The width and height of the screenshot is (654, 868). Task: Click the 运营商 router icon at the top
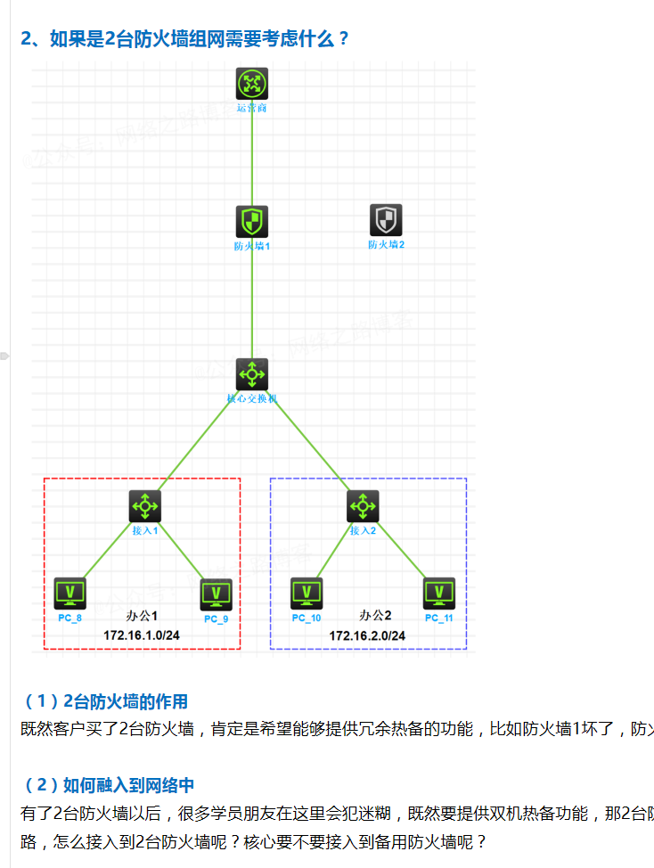pyautogui.click(x=252, y=84)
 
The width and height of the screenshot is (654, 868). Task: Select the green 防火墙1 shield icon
pyautogui.click(x=252, y=220)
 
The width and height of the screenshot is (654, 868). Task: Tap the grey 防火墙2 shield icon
pyautogui.click(x=386, y=220)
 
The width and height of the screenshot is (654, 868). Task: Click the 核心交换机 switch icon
pyautogui.click(x=252, y=374)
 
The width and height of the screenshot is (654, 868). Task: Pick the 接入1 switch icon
pyautogui.click(x=144, y=506)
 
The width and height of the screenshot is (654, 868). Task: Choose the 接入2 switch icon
pyautogui.click(x=363, y=506)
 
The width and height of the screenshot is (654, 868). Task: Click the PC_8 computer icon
pyautogui.click(x=69, y=593)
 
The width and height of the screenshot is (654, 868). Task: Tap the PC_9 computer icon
pyautogui.click(x=216, y=594)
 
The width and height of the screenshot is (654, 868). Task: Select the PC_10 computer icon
pyautogui.click(x=307, y=593)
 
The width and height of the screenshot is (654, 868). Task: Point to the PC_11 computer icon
pyautogui.click(x=439, y=594)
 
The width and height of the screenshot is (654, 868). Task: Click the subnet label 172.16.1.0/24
pyautogui.click(x=142, y=635)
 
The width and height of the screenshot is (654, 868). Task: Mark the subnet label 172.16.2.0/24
pyautogui.click(x=367, y=635)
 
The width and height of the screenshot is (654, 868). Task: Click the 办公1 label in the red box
pyautogui.click(x=142, y=616)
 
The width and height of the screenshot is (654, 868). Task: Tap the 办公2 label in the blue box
pyautogui.click(x=375, y=615)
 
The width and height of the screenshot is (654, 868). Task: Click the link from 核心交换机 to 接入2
pyautogui.click(x=307, y=440)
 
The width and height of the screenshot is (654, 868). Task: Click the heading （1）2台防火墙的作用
pyautogui.click(x=104, y=702)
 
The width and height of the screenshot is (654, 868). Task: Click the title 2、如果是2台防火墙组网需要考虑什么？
pyautogui.click(x=185, y=39)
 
